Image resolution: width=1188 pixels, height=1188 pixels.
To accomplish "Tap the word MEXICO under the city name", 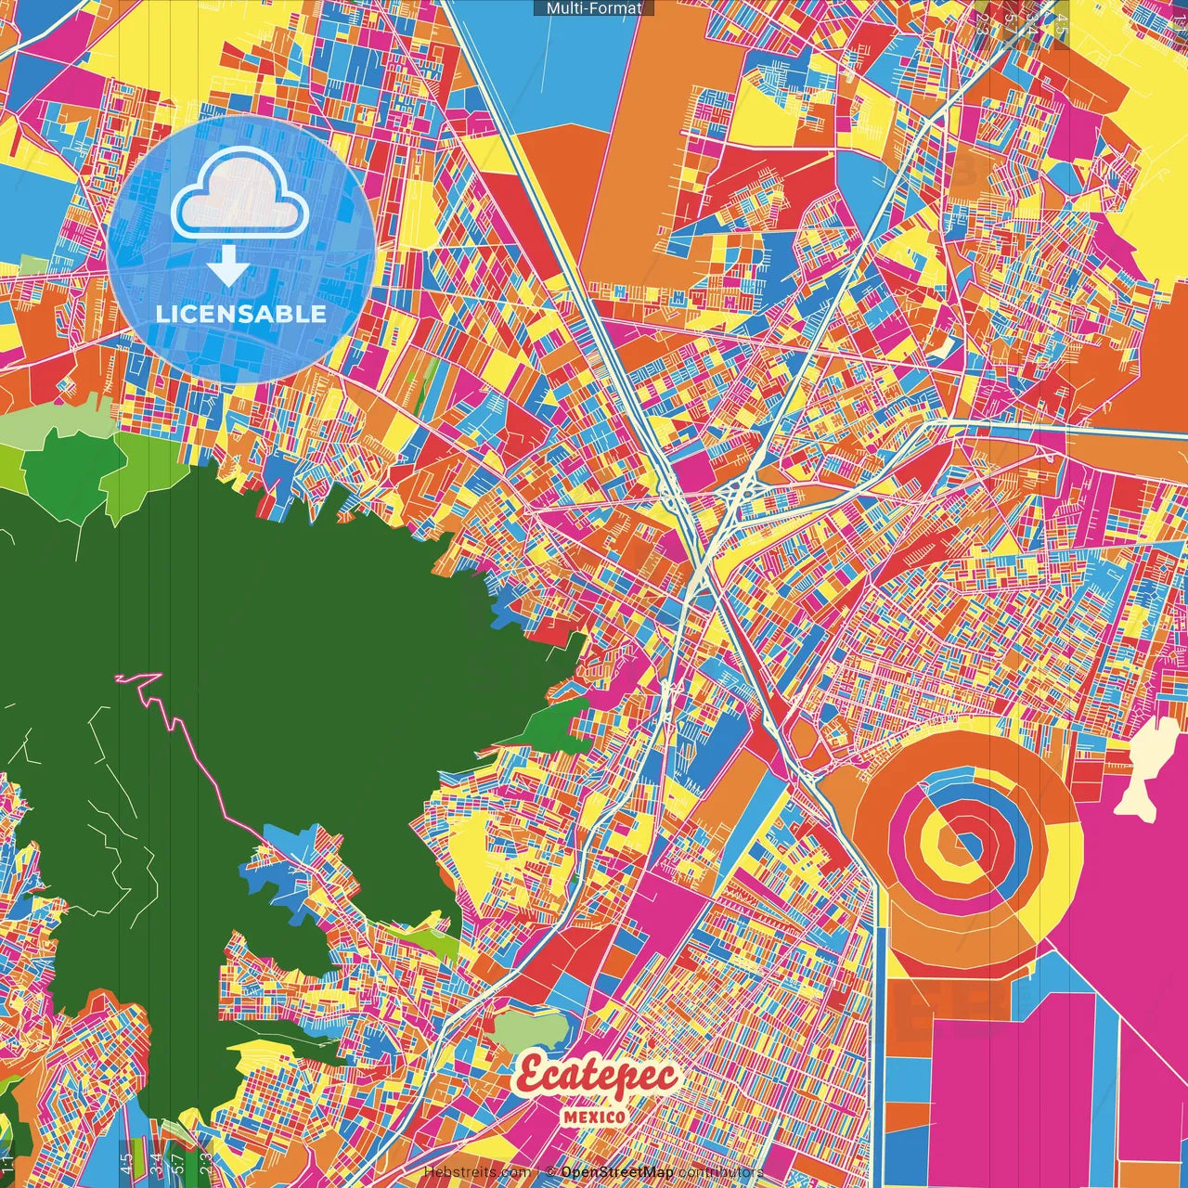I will [594, 1117].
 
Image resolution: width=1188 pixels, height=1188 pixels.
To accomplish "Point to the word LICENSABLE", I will [240, 314].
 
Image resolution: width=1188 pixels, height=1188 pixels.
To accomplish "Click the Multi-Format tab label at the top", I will [593, 8].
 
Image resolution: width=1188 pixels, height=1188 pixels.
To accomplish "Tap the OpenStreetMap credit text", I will [616, 1173].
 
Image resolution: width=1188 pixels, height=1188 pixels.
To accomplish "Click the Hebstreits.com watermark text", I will [478, 1173].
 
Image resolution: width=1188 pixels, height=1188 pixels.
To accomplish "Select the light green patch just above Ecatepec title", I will [529, 1030].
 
